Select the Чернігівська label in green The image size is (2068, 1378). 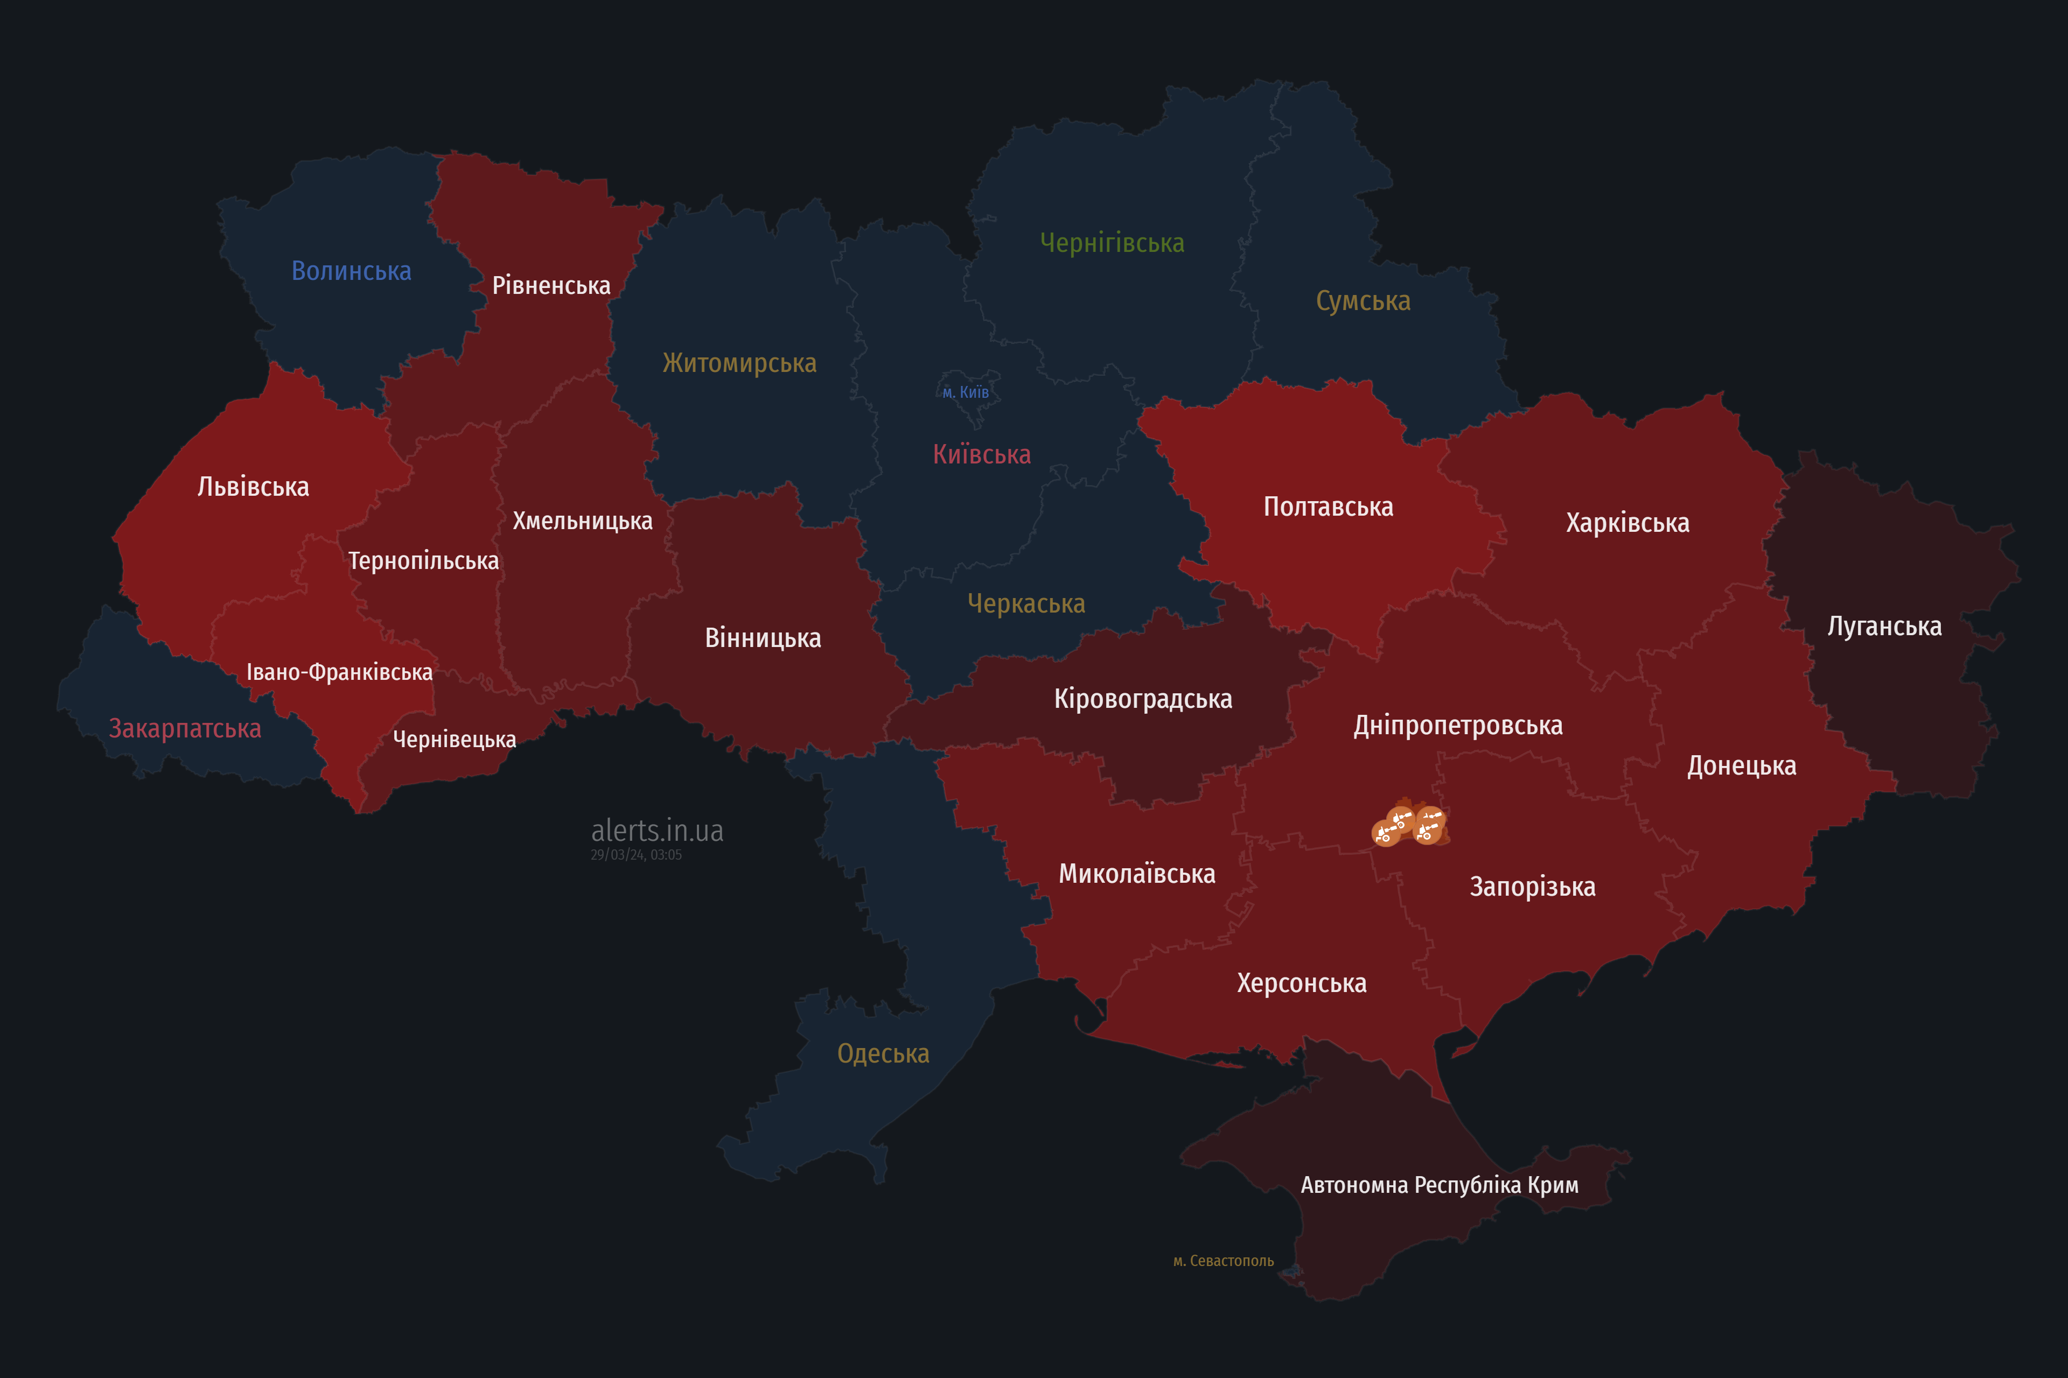(1112, 243)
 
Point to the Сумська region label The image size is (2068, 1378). (1363, 300)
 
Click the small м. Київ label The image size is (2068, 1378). (966, 392)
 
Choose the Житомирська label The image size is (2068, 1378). (739, 363)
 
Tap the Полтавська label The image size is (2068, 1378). (1328, 507)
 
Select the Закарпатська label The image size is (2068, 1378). (185, 728)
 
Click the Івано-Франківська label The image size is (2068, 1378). (339, 672)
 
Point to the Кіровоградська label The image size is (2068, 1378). (1143, 699)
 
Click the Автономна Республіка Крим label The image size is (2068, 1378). (1440, 1185)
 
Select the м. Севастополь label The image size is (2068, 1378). (1223, 1261)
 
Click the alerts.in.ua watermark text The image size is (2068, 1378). (657, 831)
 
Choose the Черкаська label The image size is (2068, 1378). (1026, 604)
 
